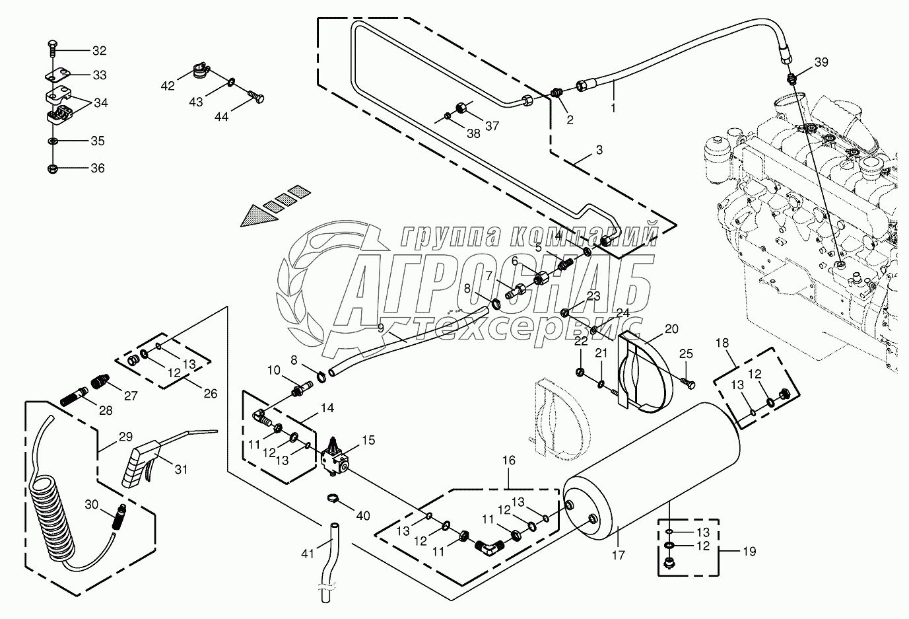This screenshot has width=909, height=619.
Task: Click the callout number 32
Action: pos(98,51)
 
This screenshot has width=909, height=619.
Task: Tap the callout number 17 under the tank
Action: pos(619,556)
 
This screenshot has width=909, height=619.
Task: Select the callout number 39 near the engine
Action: pos(821,62)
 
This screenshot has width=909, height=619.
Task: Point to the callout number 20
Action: pos(671,329)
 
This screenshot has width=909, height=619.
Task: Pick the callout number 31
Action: pos(181,470)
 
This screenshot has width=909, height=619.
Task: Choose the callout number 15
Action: pos(368,439)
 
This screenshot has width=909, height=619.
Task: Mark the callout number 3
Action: pos(599,150)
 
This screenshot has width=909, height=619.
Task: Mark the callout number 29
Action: pos(125,437)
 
